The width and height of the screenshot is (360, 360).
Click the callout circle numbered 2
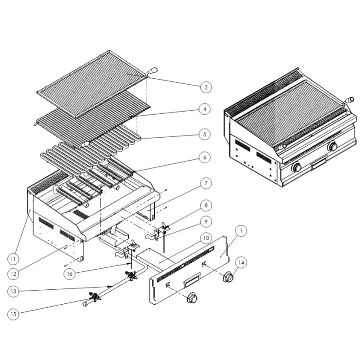(x=205, y=87)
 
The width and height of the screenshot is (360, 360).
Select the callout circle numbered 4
(x=205, y=109)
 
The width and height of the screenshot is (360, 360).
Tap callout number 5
(x=205, y=134)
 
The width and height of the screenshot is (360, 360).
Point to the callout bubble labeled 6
(x=205, y=157)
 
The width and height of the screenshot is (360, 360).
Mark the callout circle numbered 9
(x=205, y=221)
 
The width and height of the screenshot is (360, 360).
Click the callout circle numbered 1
(x=242, y=231)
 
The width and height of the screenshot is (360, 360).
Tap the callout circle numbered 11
(x=14, y=258)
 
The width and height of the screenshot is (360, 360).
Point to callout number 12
(x=14, y=273)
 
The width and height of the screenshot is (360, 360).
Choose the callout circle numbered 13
(x=14, y=292)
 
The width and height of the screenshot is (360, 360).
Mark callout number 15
(x=14, y=315)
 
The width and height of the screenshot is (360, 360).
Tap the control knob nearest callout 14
(x=229, y=277)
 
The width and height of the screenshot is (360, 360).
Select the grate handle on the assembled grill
(x=350, y=99)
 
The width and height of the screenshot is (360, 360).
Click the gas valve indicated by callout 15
(x=94, y=296)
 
